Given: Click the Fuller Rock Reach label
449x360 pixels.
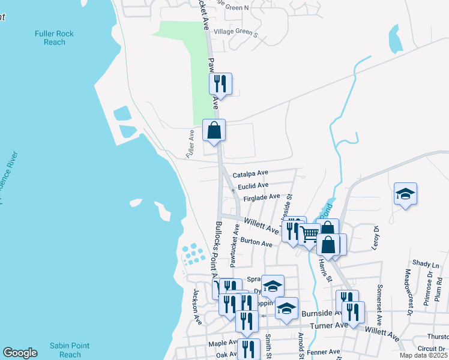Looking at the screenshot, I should pyautogui.click(x=54, y=38).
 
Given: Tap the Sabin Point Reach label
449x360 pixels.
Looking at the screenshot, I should pyautogui.click(x=70, y=350).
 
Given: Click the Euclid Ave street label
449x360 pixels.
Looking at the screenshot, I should pyautogui.click(x=253, y=186).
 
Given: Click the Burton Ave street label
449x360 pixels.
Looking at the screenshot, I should pyautogui.click(x=256, y=242).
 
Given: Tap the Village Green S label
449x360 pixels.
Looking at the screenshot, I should pyautogui.click(x=235, y=32).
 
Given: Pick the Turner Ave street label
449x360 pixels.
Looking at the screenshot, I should pyautogui.click(x=328, y=325).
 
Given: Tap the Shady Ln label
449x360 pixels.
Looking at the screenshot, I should pyautogui.click(x=426, y=264).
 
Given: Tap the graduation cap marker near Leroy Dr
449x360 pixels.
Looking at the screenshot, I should pyautogui.click(x=405, y=194).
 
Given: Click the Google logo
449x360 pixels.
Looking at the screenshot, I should pyautogui.click(x=20, y=353).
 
